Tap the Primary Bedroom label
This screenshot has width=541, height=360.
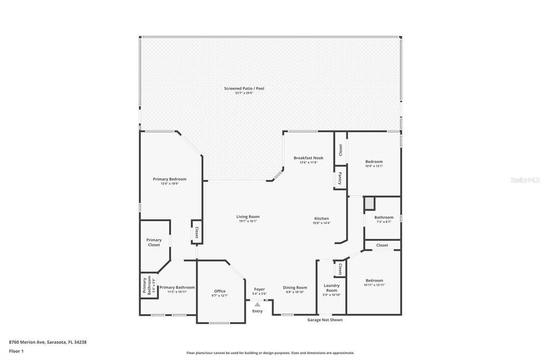pyautogui.click(x=170, y=179)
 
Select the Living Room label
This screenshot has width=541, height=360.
pyautogui.click(x=248, y=216)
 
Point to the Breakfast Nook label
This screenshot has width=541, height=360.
pyautogui.click(x=309, y=158)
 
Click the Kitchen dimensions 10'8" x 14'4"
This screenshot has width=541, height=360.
pyautogui.click(x=321, y=223)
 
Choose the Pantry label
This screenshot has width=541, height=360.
pyautogui.click(x=340, y=177)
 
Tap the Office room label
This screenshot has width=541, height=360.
pyautogui.click(x=220, y=291)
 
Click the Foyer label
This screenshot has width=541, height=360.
pyautogui.click(x=259, y=289)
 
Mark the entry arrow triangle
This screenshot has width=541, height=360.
pyautogui.click(x=257, y=304)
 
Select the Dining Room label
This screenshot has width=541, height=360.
pyautogui.click(x=295, y=288)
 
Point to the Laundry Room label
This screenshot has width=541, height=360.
pyautogui.click(x=331, y=288)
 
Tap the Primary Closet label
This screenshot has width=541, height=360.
pyautogui.click(x=154, y=242)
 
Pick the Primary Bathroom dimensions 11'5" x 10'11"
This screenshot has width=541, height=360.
pyautogui.click(x=177, y=292)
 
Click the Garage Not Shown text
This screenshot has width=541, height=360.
pyautogui.click(x=325, y=319)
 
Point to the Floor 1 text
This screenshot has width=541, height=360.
pyautogui.click(x=16, y=350)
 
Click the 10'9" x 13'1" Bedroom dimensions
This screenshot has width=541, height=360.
pyautogui.click(x=374, y=166)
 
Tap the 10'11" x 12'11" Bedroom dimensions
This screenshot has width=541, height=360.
pyautogui.click(x=374, y=285)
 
